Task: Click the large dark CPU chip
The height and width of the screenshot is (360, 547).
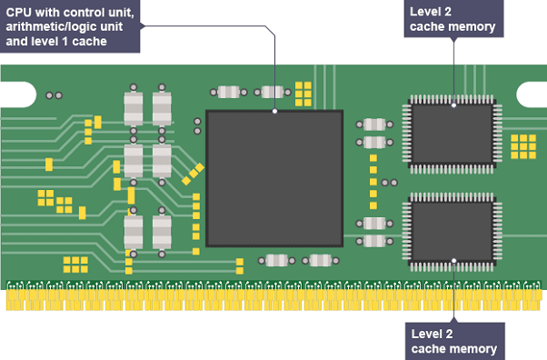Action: [274, 179]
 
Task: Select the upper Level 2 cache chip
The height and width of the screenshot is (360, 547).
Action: [453, 134]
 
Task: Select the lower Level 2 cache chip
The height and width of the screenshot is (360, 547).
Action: [453, 232]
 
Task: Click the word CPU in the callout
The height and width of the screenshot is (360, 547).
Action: [18, 13]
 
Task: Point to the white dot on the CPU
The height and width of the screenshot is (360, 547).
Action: [275, 111]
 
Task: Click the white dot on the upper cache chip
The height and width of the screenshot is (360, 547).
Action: [453, 105]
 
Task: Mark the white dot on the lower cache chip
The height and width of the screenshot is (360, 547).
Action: [453, 261]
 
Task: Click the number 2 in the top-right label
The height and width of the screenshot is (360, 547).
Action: [448, 12]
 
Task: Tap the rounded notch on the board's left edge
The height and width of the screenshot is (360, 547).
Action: [18, 95]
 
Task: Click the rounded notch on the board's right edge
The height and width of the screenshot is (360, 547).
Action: [532, 95]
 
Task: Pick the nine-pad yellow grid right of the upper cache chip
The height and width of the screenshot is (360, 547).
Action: [523, 146]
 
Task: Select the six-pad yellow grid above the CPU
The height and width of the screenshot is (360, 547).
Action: [303, 94]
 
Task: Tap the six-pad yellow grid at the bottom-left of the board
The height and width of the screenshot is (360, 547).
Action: [75, 265]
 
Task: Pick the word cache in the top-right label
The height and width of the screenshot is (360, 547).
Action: [423, 27]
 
